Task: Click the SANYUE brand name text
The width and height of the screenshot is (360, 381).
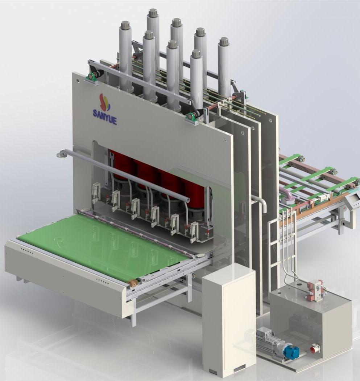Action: (105, 117)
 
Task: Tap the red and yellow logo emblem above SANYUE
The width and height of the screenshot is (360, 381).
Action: (105, 102)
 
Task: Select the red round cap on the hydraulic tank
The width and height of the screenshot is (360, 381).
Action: (315, 349)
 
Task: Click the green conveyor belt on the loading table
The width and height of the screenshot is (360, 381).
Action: (103, 245)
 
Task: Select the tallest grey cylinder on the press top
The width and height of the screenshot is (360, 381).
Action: (153, 41)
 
